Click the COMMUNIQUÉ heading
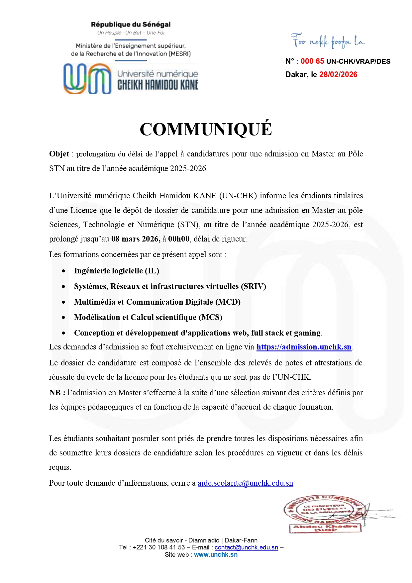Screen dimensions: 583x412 [x=206, y=129]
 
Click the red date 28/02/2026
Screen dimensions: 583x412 [x=338, y=74]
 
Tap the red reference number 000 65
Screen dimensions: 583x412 [x=312, y=61]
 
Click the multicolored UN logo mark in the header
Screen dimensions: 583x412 [x=87, y=79]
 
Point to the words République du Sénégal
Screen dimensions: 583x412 [x=131, y=24]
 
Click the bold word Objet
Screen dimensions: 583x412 [x=59, y=154]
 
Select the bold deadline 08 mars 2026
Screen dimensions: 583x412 [x=136, y=239]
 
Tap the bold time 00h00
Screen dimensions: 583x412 [x=179, y=239]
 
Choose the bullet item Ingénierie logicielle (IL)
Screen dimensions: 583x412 [x=116, y=271]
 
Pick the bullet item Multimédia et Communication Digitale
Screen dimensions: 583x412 [x=157, y=302]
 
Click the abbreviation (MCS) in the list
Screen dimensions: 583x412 [x=210, y=317]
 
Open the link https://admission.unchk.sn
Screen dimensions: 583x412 [x=304, y=347]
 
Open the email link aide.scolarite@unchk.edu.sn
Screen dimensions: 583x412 [x=245, y=483]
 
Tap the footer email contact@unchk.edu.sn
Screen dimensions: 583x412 [x=246, y=547]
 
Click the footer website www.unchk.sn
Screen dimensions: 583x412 [x=216, y=554]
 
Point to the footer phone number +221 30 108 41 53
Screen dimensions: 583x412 [x=159, y=547]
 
